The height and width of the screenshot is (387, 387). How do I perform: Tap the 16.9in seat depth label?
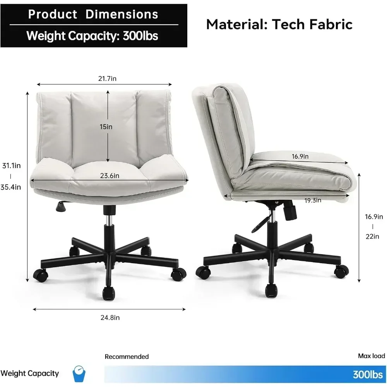point(300,156)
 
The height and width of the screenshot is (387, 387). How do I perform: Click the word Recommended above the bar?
point(127,356)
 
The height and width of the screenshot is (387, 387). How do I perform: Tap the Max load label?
point(371,356)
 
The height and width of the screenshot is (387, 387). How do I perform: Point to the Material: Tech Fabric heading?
point(279,24)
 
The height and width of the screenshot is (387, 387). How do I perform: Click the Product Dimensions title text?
point(93,15)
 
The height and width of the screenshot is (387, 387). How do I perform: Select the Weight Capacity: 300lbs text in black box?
point(92,36)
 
